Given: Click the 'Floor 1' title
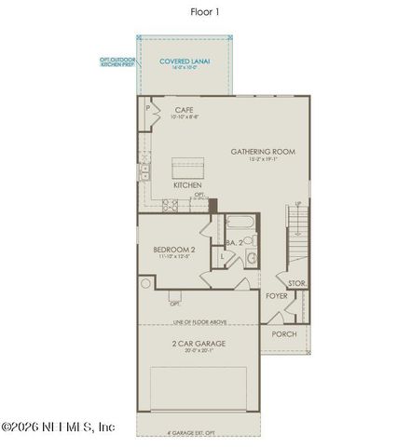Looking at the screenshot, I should tap(205, 13).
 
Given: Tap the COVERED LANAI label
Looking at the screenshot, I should tap(185, 61).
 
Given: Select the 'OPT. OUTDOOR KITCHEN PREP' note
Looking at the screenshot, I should tap(118, 62).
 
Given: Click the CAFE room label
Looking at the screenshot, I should tap(185, 111).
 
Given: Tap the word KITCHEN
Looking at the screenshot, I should tap(187, 185).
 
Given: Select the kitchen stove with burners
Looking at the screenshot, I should tap(171, 204).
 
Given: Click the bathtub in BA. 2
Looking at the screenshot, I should tap(240, 224).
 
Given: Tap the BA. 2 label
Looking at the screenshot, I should tap(234, 243).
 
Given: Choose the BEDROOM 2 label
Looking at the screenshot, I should tap(173, 249).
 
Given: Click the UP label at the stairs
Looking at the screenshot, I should tap(297, 204).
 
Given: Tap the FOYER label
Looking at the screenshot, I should tap(277, 296).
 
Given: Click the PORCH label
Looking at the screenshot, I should tap(283, 334).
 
